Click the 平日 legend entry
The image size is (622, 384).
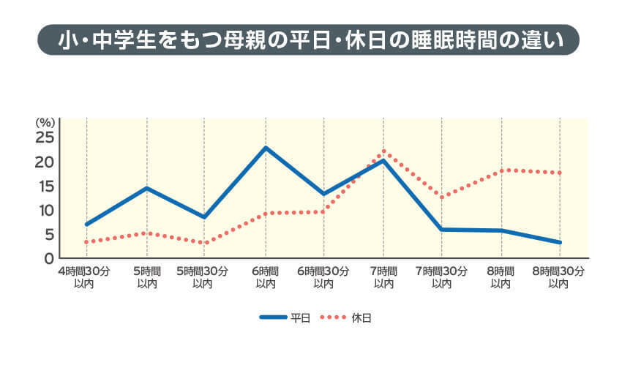(x=286, y=318)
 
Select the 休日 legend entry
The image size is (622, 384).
(x=347, y=318)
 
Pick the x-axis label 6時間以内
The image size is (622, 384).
(x=266, y=276)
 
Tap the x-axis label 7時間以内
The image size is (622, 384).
(x=383, y=276)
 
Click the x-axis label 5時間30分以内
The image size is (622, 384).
(x=203, y=276)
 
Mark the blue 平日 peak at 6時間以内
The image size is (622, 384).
(x=266, y=148)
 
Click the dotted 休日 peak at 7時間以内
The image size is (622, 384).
(x=383, y=151)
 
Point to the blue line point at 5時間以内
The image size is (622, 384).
(x=147, y=188)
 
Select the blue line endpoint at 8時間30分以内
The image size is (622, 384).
(x=561, y=242)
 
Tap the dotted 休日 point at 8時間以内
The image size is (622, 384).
(x=501, y=170)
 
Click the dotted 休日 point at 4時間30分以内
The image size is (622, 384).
(x=86, y=242)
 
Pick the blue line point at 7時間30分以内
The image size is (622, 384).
(x=442, y=229)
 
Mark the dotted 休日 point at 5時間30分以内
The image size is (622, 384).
(x=204, y=243)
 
